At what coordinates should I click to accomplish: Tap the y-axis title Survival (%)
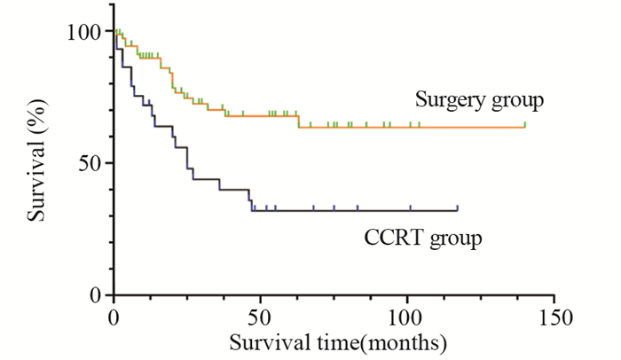pyautogui.click(x=35, y=163)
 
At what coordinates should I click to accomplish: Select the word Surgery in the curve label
pyautogui.click(x=451, y=99)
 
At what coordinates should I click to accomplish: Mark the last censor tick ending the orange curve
pyautogui.click(x=525, y=124)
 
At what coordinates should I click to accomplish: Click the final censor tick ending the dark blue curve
pyautogui.click(x=457, y=207)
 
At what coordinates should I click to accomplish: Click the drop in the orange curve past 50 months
pyautogui.click(x=298, y=121)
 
